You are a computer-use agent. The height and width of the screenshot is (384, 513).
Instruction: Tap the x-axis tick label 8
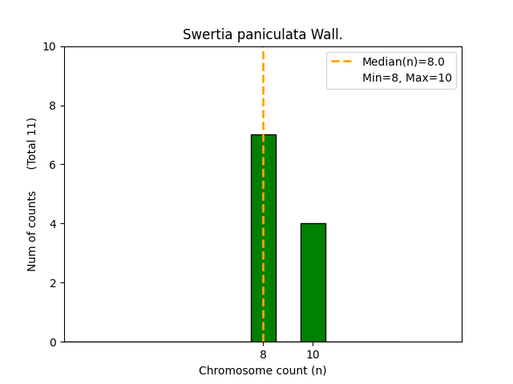click(263, 354)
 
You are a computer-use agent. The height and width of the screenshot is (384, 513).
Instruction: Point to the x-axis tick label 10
click(313, 354)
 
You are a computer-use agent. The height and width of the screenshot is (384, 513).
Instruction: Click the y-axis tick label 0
click(54, 342)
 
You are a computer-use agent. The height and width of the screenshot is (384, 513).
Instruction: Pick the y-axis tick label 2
click(54, 282)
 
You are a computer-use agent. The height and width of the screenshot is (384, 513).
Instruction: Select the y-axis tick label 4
click(54, 224)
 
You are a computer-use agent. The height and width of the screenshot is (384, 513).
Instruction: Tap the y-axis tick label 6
click(54, 165)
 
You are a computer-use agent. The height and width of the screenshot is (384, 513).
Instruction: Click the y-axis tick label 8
click(54, 106)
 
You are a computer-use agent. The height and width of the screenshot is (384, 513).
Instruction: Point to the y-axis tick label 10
click(50, 46)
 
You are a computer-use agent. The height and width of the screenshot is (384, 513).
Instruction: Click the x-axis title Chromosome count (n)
click(263, 370)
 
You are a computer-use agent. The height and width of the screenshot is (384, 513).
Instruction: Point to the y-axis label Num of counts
click(32, 231)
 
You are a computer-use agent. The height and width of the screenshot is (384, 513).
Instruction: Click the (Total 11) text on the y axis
click(32, 143)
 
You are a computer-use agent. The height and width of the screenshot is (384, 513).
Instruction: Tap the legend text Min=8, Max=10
click(406, 78)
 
